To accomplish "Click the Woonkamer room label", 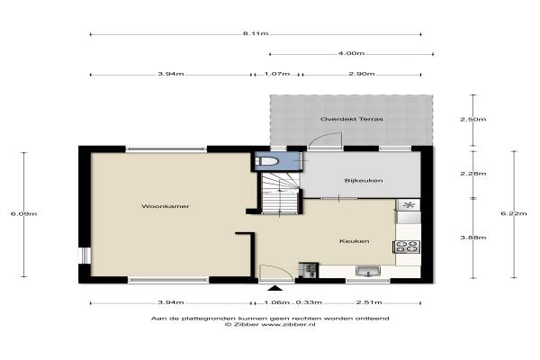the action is (166, 206).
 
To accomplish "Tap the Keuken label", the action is (355, 241).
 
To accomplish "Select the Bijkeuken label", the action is (364, 181).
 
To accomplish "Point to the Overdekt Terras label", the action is (352, 119).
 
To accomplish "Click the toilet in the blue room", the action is (266, 161).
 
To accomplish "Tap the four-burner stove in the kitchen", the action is (407, 247).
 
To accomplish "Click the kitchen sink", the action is (368, 272).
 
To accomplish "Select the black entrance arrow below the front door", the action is (275, 288).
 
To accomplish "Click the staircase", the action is (280, 193).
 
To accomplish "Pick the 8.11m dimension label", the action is (256, 34).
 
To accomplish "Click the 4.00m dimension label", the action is (351, 53).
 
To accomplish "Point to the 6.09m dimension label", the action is (23, 214).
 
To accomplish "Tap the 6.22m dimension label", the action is (514, 213).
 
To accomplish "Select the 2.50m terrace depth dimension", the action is (473, 120).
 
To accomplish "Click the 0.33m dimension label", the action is (309, 302).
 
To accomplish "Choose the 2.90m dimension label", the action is (362, 74).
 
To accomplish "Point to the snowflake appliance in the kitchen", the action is (409, 205).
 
